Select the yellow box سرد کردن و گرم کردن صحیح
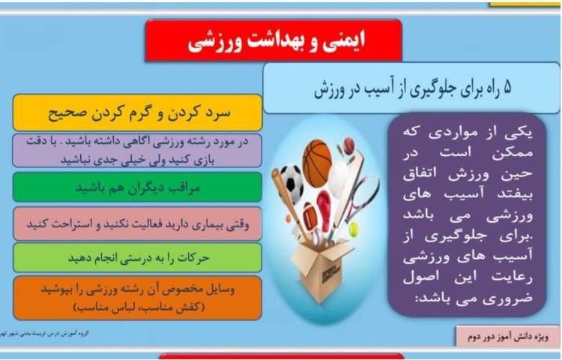(x=137, y=115)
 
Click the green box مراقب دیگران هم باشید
(x=137, y=187)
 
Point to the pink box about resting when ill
(x=137, y=223)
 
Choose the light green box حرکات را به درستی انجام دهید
(x=137, y=257)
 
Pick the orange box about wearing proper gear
(x=137, y=297)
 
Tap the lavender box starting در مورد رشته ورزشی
(x=137, y=151)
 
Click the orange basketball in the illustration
(x=316, y=163)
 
